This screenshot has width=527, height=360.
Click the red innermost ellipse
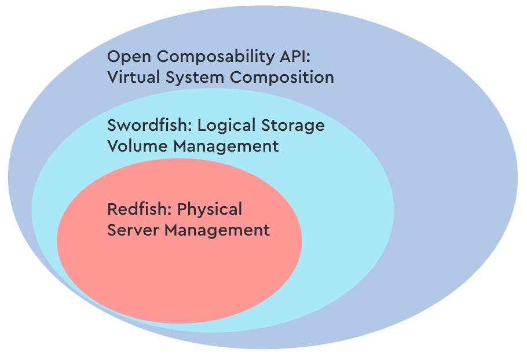(x=180, y=278)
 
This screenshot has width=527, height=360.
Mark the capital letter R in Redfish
(x=112, y=209)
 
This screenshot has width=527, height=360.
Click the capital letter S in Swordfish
(x=112, y=125)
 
